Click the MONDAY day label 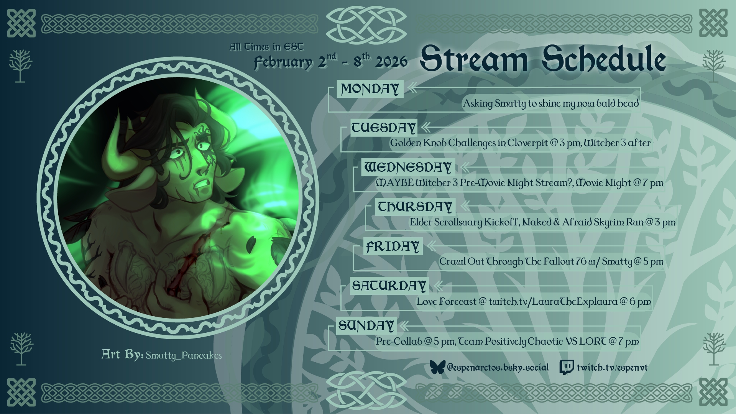pyautogui.click(x=370, y=89)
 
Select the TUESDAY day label pyautogui.click(x=384, y=128)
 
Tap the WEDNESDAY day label pyautogui.click(x=408, y=167)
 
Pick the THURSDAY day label pyautogui.click(x=415, y=207)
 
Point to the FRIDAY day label pyautogui.click(x=393, y=246)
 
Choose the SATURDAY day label pyautogui.click(x=389, y=286)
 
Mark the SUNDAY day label pyautogui.click(x=366, y=325)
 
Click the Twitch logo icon pyautogui.click(x=567, y=367)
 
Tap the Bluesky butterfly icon pyautogui.click(x=437, y=367)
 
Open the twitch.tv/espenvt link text pyautogui.click(x=612, y=368)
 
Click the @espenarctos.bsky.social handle pyautogui.click(x=498, y=368)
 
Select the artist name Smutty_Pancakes pyautogui.click(x=184, y=356)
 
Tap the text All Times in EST pyautogui.click(x=266, y=47)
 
